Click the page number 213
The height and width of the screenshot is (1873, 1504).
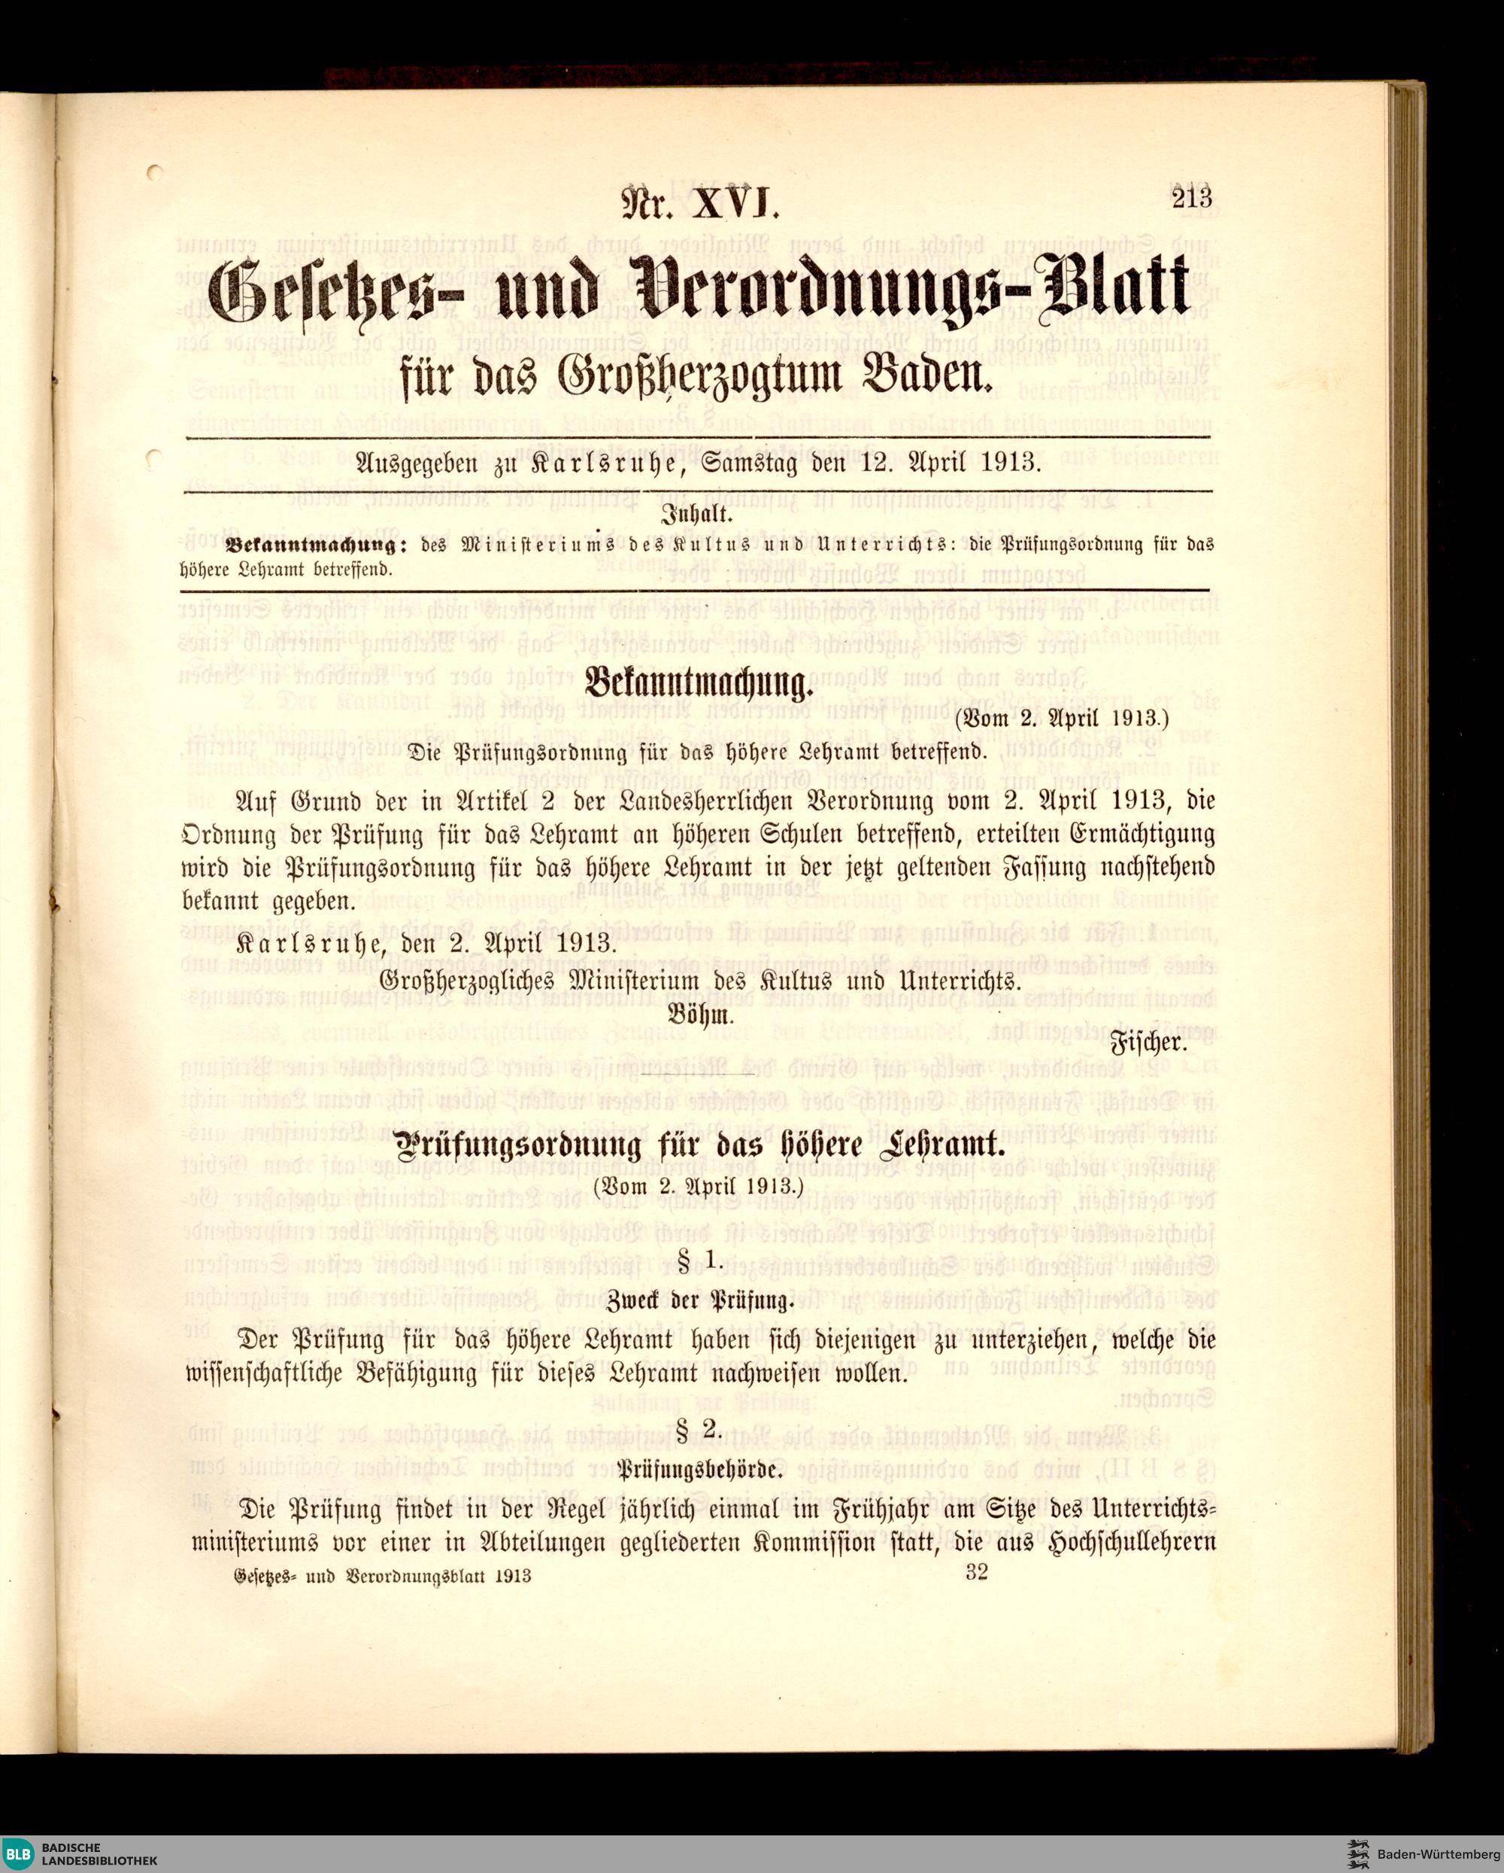[1190, 199]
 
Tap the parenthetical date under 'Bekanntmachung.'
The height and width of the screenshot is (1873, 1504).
[1061, 719]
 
